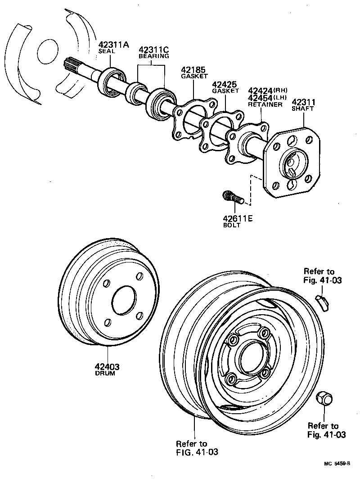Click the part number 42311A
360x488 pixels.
[114, 45]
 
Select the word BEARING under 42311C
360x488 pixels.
[153, 56]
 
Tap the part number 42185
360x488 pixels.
[193, 70]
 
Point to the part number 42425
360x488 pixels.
[224, 84]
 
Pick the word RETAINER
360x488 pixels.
[265, 104]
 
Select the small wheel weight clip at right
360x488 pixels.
[323, 301]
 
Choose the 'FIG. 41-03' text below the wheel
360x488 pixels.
[197, 452]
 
